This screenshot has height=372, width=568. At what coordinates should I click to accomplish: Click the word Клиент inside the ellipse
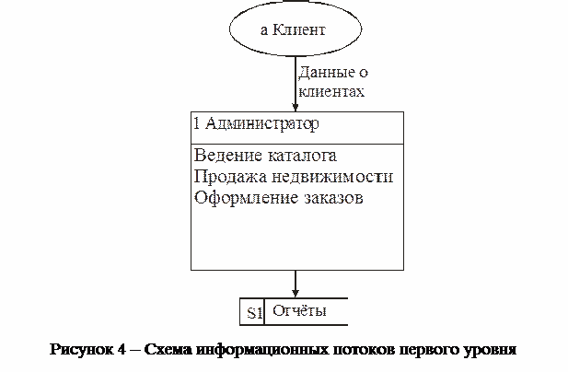click(x=298, y=29)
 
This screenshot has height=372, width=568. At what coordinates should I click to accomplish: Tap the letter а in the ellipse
click(x=264, y=30)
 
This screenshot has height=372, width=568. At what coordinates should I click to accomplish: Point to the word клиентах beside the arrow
click(x=331, y=92)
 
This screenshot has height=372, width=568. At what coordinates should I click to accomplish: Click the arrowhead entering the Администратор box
click(x=296, y=107)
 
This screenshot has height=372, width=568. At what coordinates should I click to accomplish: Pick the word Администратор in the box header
click(x=262, y=124)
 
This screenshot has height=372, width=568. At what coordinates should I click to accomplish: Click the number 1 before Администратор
click(x=196, y=123)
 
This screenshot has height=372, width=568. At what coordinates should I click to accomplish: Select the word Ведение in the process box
click(x=228, y=156)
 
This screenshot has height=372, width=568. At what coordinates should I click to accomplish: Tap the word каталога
click(x=303, y=157)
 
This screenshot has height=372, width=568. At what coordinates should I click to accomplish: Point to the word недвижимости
click(x=332, y=177)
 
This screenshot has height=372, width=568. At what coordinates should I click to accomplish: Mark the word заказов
click(x=333, y=199)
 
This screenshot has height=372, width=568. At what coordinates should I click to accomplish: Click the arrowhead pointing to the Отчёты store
click(x=296, y=293)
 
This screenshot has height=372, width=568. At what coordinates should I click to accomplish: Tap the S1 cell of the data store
click(x=252, y=312)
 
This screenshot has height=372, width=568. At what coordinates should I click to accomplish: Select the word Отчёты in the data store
click(x=299, y=311)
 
